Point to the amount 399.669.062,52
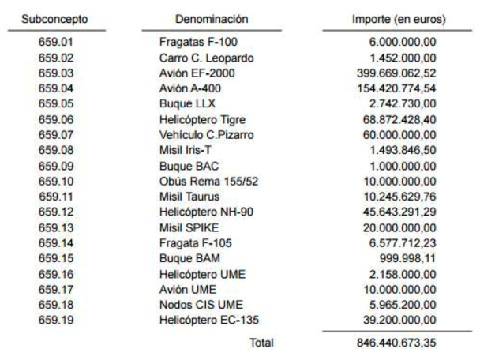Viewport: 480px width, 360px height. (395, 73)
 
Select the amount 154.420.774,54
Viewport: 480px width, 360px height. (395, 88)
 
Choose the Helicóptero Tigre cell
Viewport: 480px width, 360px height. (202, 119)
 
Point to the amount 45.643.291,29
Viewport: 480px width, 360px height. (398, 212)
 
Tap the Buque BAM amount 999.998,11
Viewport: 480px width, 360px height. (407, 257)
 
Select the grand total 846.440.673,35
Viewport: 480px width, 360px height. (395, 344)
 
